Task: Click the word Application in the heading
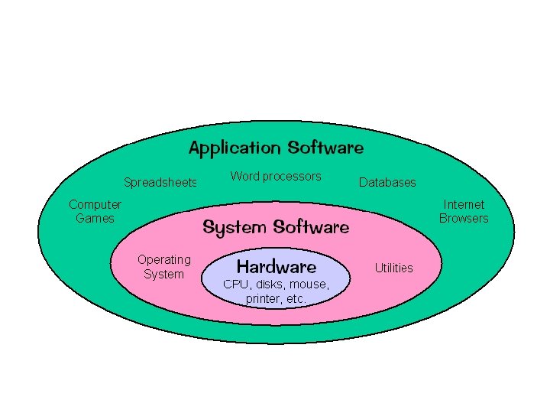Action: [235, 148]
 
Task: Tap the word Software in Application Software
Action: [325, 148]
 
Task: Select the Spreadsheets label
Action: [160, 183]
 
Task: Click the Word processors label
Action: [276, 177]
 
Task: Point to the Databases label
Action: [387, 183]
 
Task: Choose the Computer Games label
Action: [95, 211]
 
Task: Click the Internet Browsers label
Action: [464, 211]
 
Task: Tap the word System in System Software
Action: [234, 227]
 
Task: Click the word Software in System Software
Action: [311, 227]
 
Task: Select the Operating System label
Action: [163, 267]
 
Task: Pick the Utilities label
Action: [394, 268]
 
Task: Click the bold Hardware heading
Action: [277, 267]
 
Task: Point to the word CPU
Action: [235, 285]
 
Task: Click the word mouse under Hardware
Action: [309, 285]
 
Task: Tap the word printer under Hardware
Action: [263, 299]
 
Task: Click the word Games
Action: [95, 218]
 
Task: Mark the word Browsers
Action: [464, 218]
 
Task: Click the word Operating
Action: [163, 260]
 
